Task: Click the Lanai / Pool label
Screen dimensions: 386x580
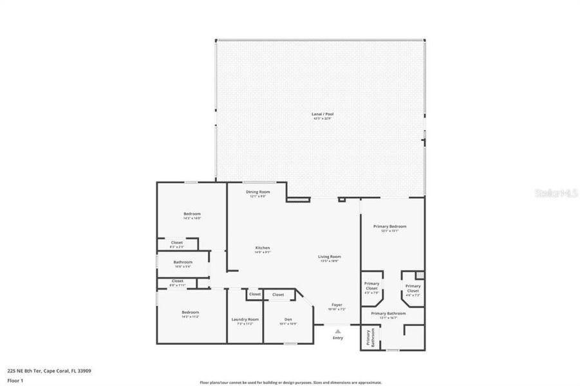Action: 323,115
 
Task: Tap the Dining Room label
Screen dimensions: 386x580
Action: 257,192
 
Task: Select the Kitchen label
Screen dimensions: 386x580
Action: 262,248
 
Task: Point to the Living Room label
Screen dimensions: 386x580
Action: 330,257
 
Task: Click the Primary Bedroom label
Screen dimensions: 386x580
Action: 390,226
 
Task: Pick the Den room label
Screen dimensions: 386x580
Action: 288,319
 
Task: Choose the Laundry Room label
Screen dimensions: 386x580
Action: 245,319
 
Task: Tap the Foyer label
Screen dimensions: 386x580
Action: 337,304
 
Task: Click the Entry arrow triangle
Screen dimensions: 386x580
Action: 337,331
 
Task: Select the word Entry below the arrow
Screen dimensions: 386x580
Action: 338,338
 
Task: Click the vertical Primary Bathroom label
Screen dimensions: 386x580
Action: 370,338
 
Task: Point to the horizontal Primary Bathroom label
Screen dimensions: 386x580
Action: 388,313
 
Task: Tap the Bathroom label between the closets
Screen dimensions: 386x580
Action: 183,262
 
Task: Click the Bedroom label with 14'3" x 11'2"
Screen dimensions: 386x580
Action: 191,313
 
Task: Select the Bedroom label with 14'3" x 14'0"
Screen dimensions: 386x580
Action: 192,214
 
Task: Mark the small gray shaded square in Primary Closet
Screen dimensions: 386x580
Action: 420,275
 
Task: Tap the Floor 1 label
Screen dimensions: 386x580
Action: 15,380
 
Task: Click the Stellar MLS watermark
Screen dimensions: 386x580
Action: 556,192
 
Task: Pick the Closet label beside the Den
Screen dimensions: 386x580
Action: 278,295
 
